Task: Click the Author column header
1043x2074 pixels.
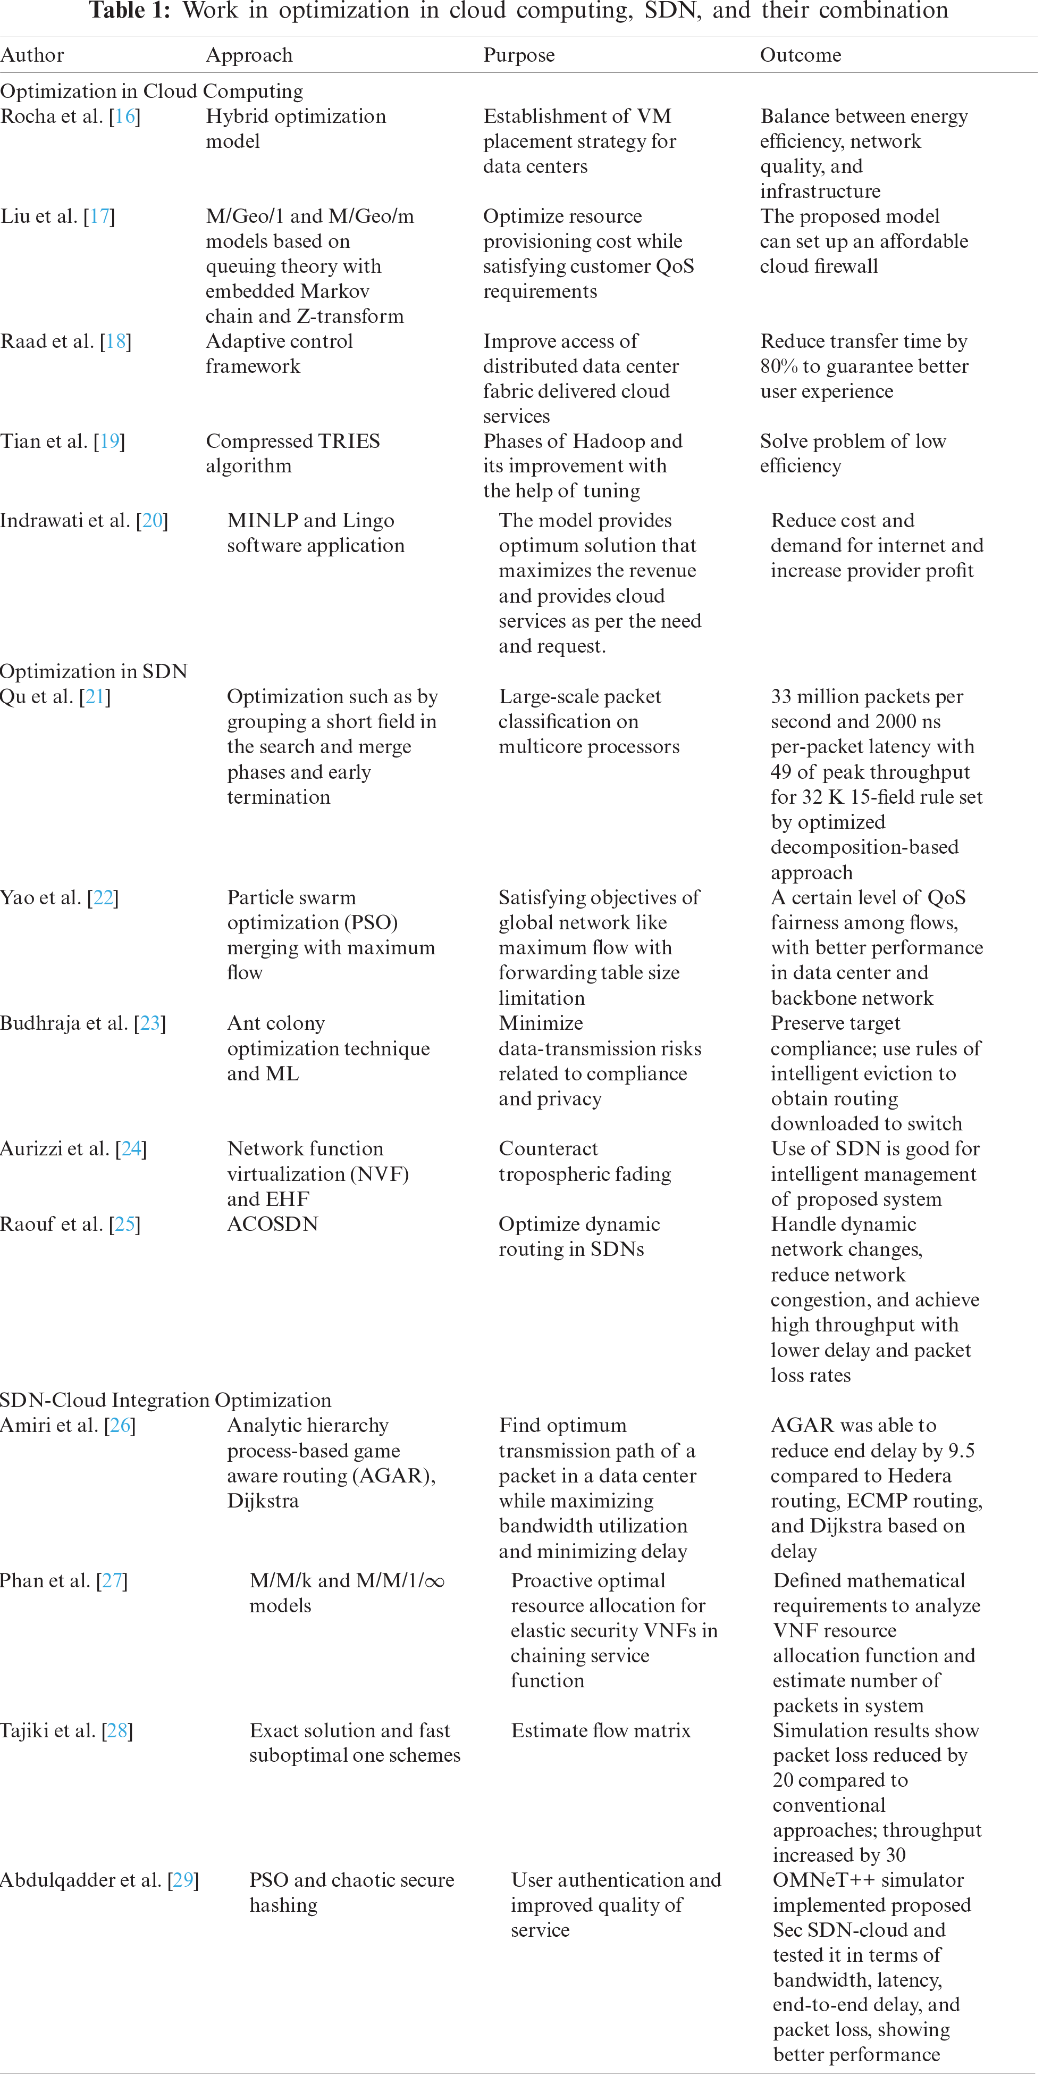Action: pos(32,55)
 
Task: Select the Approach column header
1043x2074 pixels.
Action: pos(249,55)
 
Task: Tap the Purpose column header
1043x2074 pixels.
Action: pos(519,55)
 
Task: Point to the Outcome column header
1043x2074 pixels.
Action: pos(801,55)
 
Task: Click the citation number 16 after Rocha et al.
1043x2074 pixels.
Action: pos(125,116)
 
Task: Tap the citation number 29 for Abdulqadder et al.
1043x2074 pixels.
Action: pos(183,1880)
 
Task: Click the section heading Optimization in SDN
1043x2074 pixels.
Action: pos(94,671)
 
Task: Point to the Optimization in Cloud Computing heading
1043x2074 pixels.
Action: pos(152,90)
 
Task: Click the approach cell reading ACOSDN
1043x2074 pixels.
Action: pos(273,1224)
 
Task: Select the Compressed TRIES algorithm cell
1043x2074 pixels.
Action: pos(293,453)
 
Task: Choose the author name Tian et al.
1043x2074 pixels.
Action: pos(44,441)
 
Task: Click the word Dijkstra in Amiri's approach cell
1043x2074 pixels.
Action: pos(263,1501)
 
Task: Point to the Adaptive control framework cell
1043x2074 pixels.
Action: pos(279,353)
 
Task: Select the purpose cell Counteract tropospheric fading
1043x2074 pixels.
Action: pos(584,1161)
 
